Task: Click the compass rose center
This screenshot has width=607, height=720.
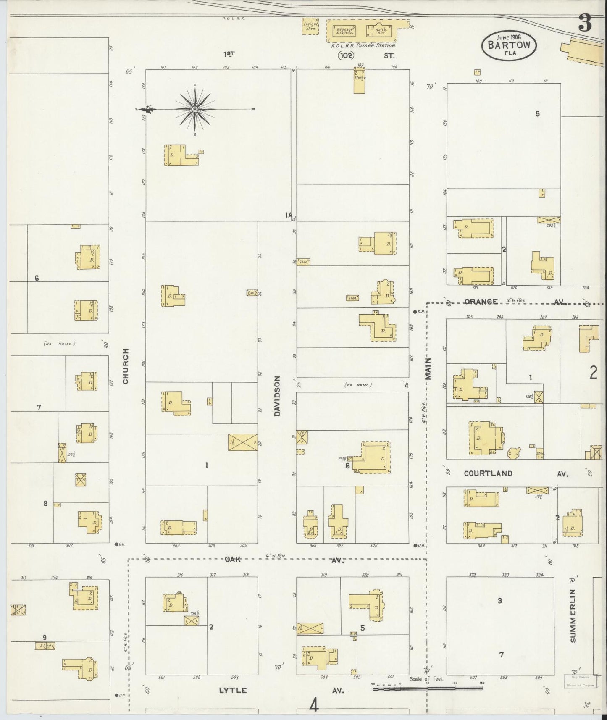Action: point(195,110)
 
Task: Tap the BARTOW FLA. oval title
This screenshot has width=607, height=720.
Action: point(509,44)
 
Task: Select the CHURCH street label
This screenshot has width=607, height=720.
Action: point(126,366)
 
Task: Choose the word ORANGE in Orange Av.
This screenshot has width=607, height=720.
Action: point(481,302)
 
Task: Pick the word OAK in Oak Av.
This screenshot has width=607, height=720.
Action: point(232,560)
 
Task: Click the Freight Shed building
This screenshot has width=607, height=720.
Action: point(310,27)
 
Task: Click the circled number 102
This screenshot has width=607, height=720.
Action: point(346,55)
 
